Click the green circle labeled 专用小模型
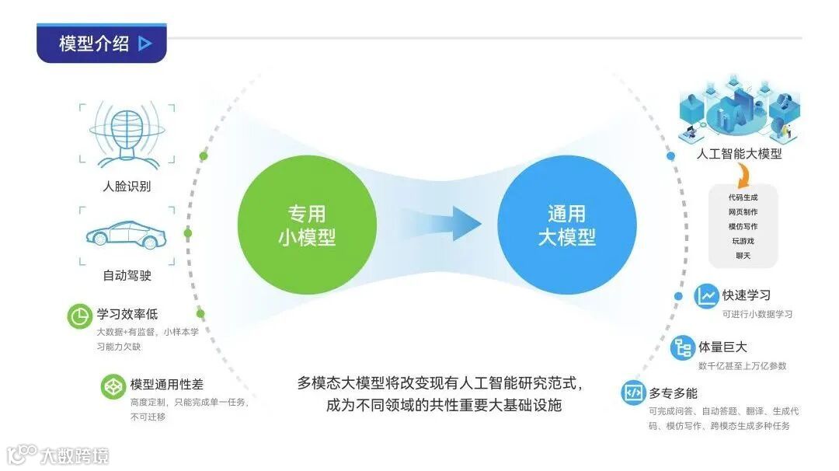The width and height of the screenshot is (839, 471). tap(307, 225)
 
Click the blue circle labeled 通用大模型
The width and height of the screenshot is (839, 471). tap(566, 225)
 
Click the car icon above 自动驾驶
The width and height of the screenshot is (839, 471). tap(127, 234)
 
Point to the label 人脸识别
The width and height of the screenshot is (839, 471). tap(127, 187)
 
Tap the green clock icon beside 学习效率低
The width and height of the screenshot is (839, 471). tap(78, 316)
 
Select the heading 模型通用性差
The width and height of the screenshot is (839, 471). tap(167, 385)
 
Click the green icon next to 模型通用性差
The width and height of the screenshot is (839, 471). tap(113, 386)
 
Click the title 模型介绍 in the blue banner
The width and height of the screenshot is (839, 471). tap(94, 44)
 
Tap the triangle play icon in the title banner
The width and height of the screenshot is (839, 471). tap(144, 44)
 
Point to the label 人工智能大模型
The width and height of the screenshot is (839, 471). tap(739, 154)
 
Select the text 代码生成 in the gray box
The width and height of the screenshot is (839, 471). tap(743, 197)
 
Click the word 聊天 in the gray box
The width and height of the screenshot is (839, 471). tap(743, 255)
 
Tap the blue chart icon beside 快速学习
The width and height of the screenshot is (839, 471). tap(706, 296)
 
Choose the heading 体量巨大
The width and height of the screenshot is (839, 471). tap(722, 347)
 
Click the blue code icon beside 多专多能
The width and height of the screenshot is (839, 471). tap(633, 392)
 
